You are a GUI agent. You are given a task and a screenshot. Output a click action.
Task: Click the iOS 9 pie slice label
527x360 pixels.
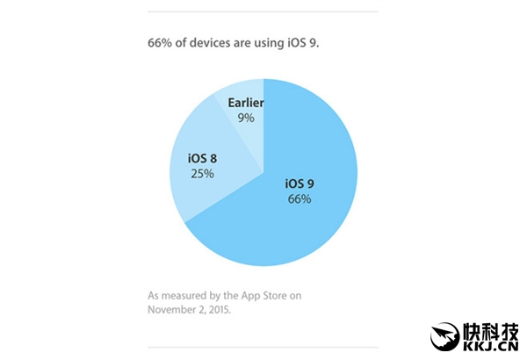[x=298, y=184]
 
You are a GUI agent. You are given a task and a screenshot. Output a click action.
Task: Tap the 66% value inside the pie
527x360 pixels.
[x=298, y=200]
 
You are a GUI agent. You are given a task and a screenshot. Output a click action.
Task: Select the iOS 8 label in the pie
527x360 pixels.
[x=202, y=158]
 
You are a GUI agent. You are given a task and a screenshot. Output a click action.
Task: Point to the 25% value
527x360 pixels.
[x=202, y=174]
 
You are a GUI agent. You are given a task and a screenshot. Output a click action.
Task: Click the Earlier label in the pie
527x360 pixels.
[x=246, y=102]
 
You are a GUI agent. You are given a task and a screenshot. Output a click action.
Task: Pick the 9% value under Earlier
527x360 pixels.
[x=246, y=118]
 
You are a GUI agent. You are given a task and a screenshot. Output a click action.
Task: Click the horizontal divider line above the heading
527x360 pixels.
[x=263, y=12]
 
